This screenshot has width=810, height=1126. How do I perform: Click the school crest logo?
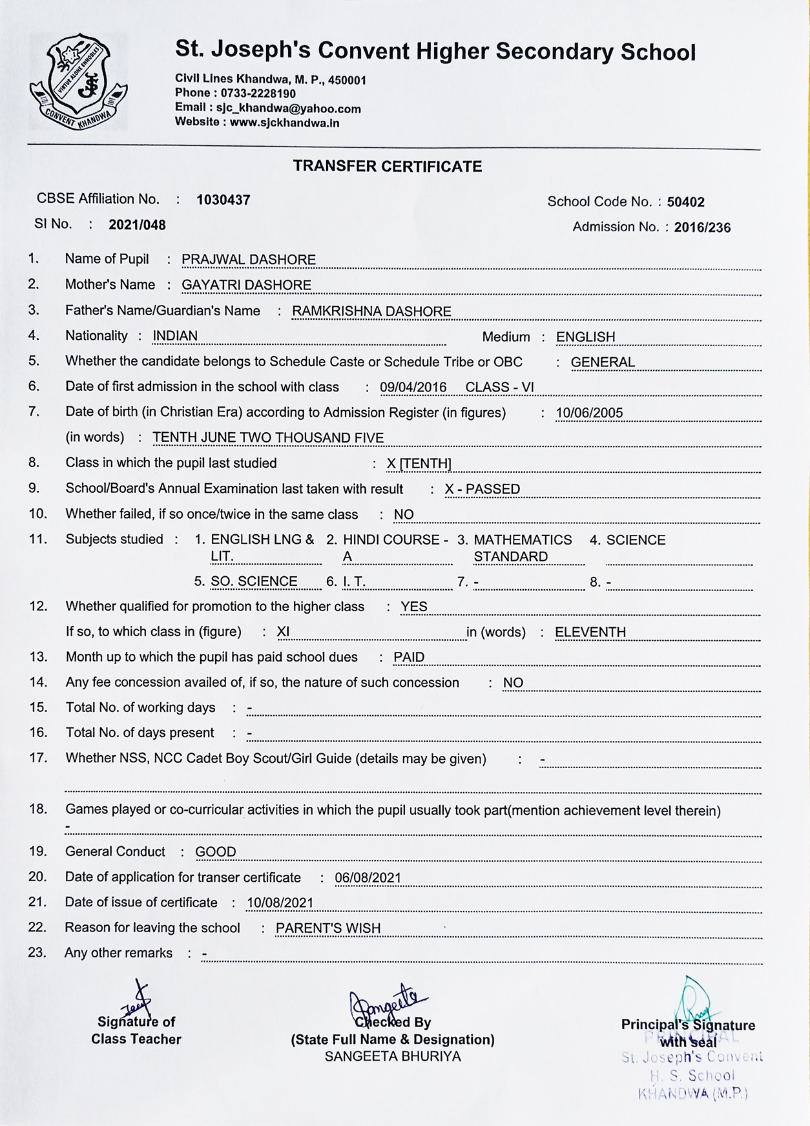[78, 82]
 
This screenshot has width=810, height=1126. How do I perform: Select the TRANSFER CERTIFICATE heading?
[388, 167]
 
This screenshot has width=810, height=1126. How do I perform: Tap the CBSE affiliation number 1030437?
[223, 200]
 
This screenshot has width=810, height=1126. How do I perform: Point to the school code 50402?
[685, 202]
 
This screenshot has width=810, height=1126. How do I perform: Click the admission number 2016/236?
[702, 227]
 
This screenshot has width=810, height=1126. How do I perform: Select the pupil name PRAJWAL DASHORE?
[249, 260]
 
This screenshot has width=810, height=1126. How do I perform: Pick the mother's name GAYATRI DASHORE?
[246, 285]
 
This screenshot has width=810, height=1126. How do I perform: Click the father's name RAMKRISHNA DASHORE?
[371, 311]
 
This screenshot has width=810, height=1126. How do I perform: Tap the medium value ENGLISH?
[585, 337]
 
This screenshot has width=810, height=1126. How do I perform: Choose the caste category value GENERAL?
[603, 362]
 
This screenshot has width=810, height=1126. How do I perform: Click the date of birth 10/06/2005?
[589, 413]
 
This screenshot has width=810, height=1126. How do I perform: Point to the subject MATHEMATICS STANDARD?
[523, 548]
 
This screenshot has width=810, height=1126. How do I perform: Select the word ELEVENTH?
[590, 632]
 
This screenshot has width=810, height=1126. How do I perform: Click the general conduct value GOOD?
[216, 851]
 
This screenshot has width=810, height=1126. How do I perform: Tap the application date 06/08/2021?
[368, 877]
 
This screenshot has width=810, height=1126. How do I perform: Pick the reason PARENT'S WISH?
[328, 928]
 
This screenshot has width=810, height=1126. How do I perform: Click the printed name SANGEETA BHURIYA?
[393, 1056]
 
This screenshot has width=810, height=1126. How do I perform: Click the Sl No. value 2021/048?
[137, 225]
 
